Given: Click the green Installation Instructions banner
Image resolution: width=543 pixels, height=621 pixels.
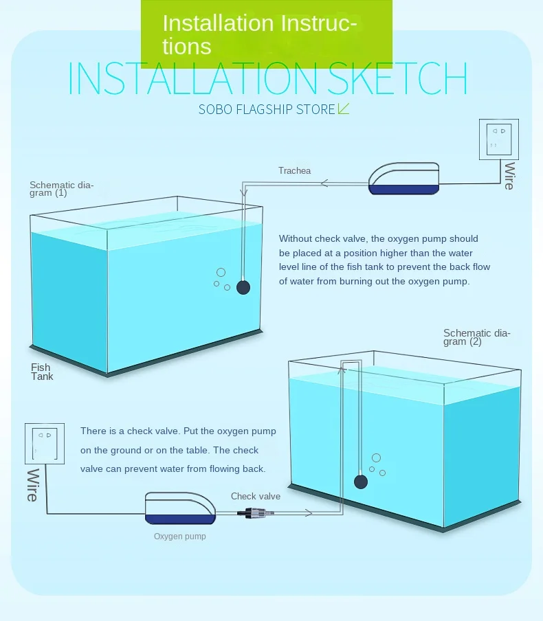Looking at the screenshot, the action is [267, 34].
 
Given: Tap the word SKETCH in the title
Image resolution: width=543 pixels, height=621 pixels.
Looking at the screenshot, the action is [397, 78].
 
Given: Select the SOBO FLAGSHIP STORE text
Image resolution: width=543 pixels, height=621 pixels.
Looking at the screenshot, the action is [267, 109].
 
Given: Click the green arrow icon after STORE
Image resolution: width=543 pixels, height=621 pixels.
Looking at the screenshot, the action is [343, 109].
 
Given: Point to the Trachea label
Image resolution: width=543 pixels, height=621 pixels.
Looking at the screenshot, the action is [294, 170].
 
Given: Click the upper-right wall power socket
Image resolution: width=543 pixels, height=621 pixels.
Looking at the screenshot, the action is [498, 139].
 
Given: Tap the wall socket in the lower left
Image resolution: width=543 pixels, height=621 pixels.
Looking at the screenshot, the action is [45, 444].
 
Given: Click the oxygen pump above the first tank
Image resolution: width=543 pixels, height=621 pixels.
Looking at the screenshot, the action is [403, 178].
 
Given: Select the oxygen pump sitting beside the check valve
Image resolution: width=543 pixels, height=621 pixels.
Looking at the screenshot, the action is [180, 508].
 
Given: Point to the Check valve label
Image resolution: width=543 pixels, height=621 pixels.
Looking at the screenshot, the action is [256, 496].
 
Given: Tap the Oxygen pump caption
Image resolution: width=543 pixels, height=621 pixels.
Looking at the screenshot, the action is [180, 537].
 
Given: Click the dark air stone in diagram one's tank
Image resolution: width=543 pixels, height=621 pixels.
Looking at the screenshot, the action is [243, 287].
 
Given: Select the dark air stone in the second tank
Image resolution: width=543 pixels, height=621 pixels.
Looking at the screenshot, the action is [361, 482].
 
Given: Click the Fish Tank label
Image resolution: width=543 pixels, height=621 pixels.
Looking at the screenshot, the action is [42, 372].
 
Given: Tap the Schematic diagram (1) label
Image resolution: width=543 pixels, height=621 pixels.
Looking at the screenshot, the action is [61, 189].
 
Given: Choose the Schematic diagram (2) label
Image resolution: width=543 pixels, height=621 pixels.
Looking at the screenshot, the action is [477, 337].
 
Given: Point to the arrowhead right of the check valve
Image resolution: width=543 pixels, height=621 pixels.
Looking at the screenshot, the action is [308, 513].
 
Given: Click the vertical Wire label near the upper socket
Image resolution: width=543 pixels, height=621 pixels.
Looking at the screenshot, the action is [510, 176].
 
